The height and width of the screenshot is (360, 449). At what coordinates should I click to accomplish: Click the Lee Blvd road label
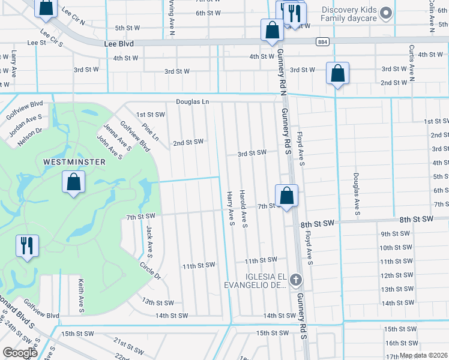tap(118, 44)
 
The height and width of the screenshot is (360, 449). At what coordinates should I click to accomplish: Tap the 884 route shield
tap(323, 41)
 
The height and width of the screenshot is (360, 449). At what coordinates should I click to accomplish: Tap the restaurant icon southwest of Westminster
tap(27, 246)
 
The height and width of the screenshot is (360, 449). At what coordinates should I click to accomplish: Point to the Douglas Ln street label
tap(192, 102)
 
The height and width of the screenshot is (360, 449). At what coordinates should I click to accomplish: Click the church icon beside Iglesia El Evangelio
tap(295, 280)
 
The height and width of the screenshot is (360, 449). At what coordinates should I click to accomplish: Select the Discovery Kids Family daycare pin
tap(387, 13)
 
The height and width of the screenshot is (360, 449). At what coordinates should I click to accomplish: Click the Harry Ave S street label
tap(231, 209)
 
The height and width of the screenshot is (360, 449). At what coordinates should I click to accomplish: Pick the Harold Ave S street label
tap(244, 209)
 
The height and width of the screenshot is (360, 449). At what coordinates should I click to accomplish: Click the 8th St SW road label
tap(318, 223)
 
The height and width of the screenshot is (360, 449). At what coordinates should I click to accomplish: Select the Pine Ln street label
tap(151, 132)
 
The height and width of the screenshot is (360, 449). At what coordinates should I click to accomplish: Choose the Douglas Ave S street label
tap(356, 194)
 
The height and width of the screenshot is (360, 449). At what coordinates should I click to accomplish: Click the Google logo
tap(20, 352)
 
